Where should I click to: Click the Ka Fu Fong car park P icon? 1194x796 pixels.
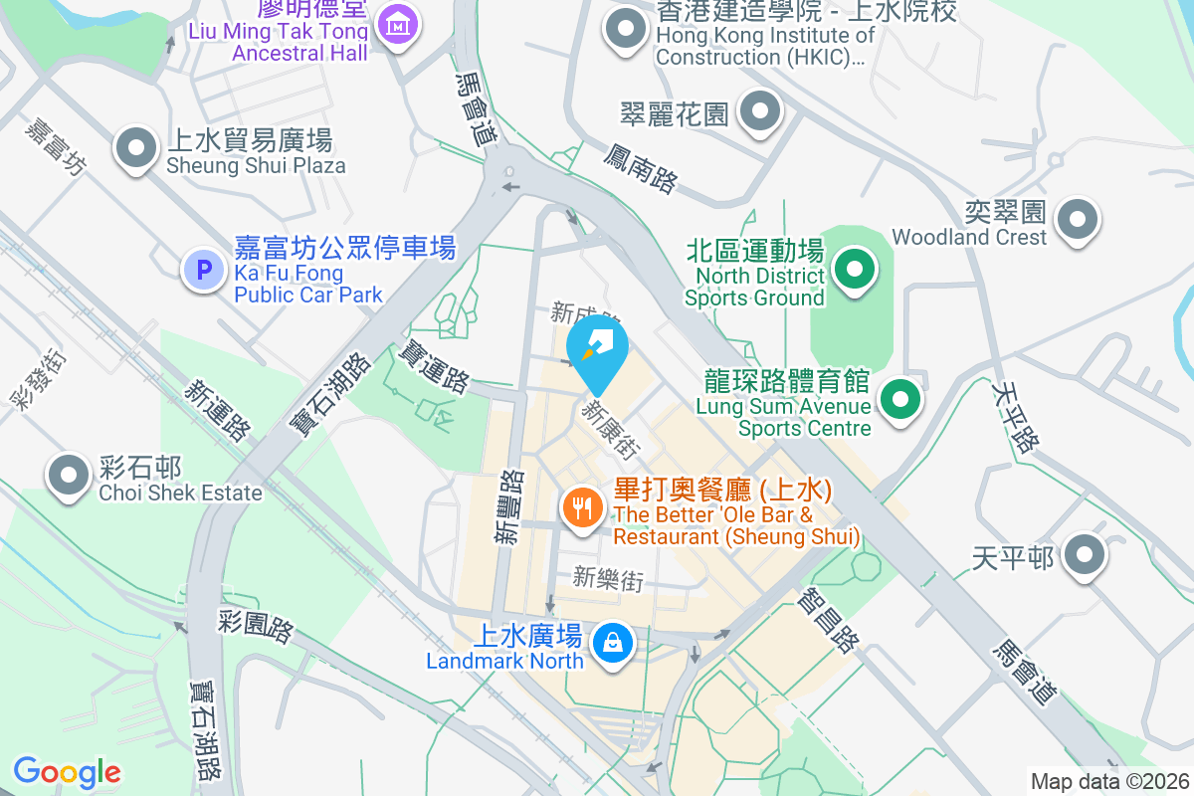pyautogui.click(x=204, y=269)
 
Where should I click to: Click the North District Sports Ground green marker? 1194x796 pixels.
pyautogui.click(x=853, y=270)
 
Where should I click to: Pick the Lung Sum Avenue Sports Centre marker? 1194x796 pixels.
pyautogui.click(x=900, y=401)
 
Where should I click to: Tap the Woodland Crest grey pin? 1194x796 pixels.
pyautogui.click(x=1078, y=220)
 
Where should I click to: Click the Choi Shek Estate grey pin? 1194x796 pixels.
pyautogui.click(x=69, y=475)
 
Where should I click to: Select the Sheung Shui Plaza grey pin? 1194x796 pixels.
pyautogui.click(x=136, y=150)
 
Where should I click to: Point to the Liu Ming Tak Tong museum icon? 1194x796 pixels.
pyautogui.click(x=399, y=22)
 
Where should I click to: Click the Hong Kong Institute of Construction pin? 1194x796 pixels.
pyautogui.click(x=626, y=29)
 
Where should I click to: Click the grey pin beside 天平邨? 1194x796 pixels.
pyautogui.click(x=1084, y=556)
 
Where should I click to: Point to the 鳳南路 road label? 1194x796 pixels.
pyautogui.click(x=641, y=167)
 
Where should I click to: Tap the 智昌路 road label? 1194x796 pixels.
pyautogui.click(x=828, y=620)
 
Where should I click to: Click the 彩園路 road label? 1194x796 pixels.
pyautogui.click(x=256, y=627)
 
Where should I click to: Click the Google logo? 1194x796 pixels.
pyautogui.click(x=67, y=772)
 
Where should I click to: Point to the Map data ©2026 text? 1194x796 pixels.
pyautogui.click(x=1108, y=781)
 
